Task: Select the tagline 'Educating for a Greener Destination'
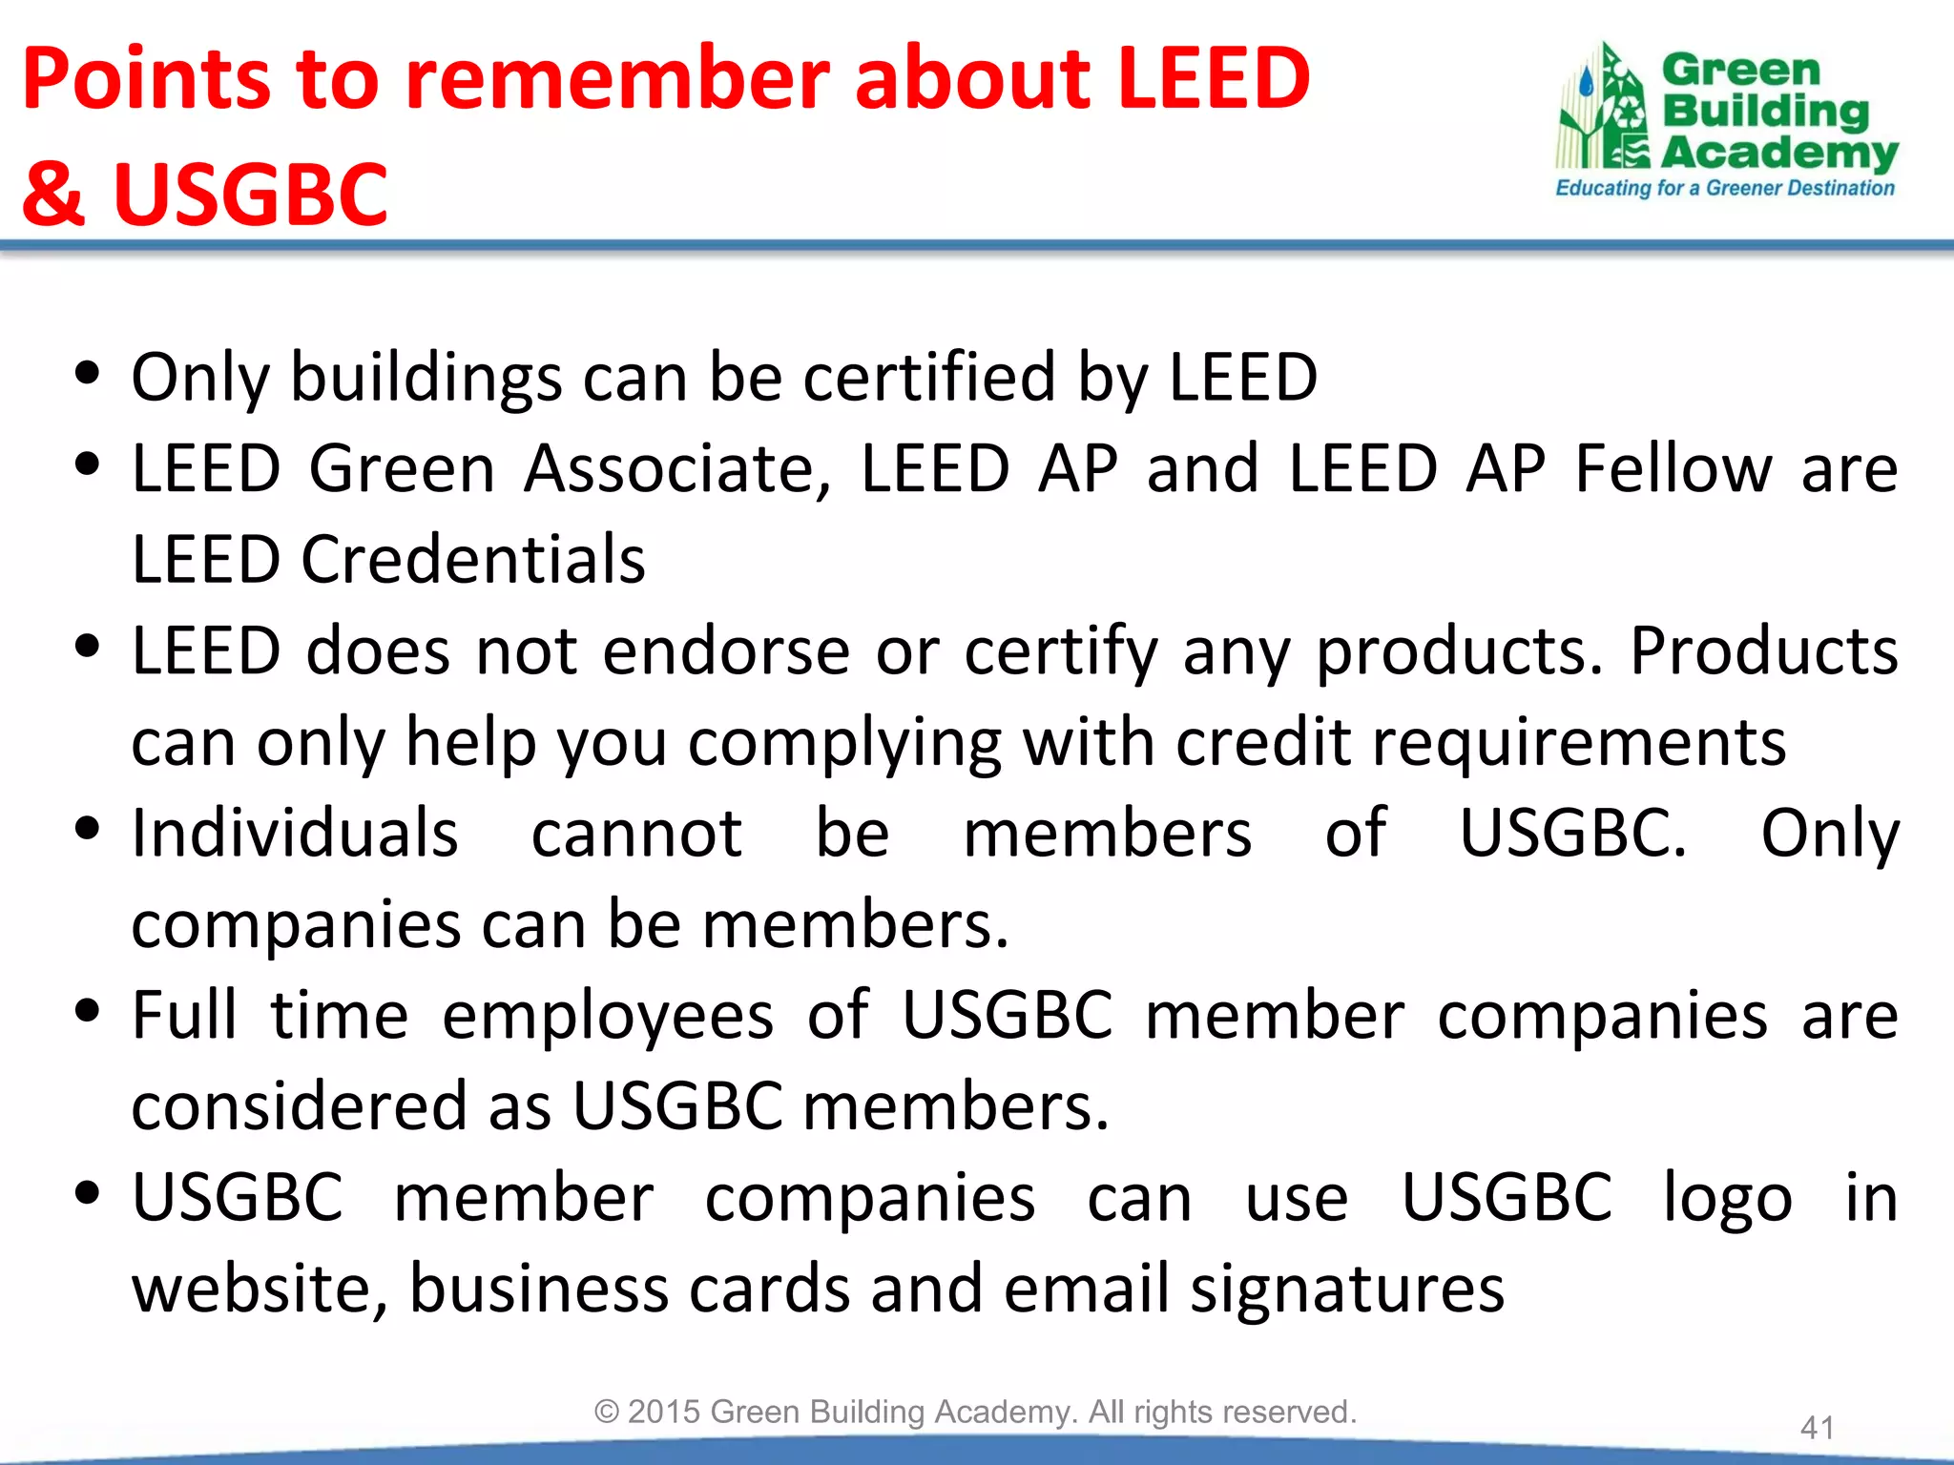(1724, 188)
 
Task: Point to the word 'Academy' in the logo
(1779, 153)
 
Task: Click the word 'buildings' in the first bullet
(426, 378)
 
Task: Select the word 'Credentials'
(473, 559)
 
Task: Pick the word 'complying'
(844, 743)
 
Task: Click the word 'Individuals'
(295, 834)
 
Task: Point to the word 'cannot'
(636, 834)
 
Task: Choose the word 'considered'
(341, 1107)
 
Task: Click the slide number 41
(1817, 1428)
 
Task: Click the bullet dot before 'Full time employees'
(87, 1011)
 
